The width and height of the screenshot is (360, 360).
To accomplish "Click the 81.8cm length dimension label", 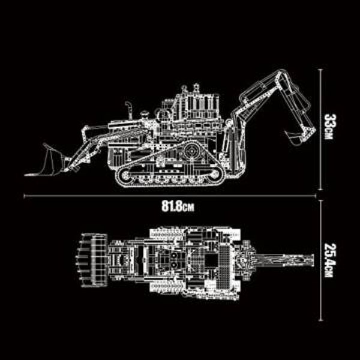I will (x=178, y=208).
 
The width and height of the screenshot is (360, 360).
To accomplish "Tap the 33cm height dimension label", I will (x=327, y=127).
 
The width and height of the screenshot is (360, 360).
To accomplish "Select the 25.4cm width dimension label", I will (x=328, y=260).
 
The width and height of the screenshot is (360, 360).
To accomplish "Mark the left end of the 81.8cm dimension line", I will (x=25, y=196).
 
